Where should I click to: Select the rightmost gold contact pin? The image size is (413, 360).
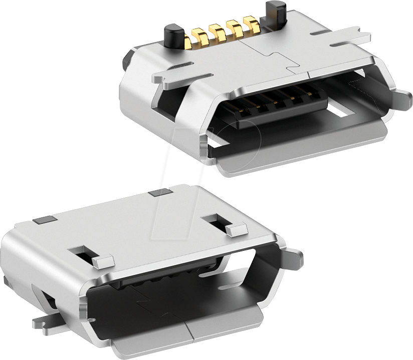click(x=249, y=24)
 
